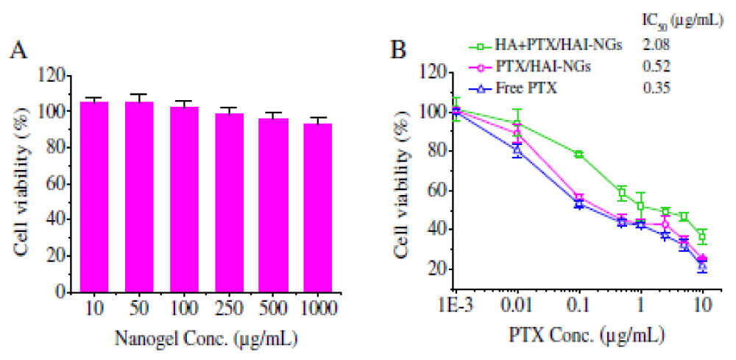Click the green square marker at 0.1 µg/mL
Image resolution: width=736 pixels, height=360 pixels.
578,154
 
